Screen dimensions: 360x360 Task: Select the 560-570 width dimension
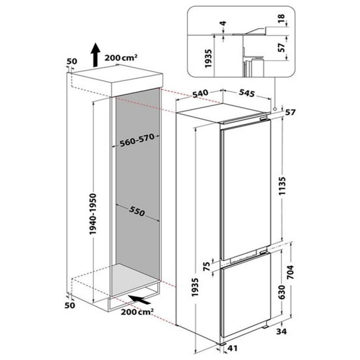tap(137, 140)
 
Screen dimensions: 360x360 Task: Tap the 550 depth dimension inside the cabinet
tap(137, 211)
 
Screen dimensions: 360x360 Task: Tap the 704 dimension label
tap(290, 272)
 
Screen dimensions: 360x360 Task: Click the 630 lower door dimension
tap(282, 292)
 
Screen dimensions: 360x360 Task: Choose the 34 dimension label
tap(281, 332)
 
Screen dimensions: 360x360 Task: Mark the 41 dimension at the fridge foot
tap(233, 348)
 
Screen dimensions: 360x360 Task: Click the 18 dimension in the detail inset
tap(282, 18)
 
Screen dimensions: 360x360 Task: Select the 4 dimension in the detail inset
tap(223, 23)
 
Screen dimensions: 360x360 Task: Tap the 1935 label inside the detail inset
tap(208, 58)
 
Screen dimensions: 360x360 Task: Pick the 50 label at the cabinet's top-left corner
tap(72, 61)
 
